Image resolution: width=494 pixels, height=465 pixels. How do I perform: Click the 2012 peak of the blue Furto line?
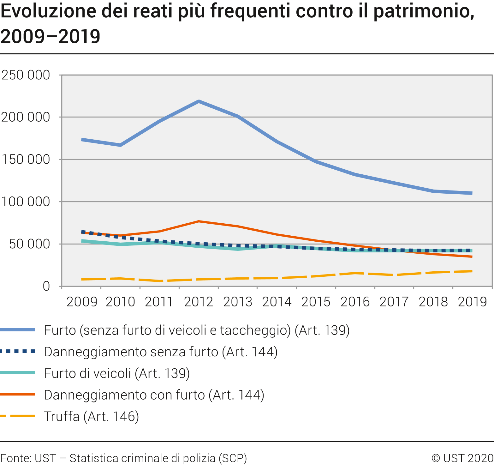click(199, 101)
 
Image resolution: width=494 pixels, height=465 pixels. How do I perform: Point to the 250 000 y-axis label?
click(26, 75)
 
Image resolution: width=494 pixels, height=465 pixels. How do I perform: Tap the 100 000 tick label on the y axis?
click(26, 202)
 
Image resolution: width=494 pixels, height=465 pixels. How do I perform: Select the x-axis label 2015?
click(316, 302)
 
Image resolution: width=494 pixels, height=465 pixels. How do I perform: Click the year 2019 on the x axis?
click(472, 302)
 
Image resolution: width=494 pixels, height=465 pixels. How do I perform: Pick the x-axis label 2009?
click(82, 302)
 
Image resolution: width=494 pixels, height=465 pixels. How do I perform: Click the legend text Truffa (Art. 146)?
click(92, 416)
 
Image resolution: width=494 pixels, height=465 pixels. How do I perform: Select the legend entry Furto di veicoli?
click(117, 373)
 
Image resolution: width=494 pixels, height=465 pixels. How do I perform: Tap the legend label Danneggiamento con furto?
click(154, 395)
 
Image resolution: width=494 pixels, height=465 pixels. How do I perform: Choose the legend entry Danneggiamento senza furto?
click(161, 352)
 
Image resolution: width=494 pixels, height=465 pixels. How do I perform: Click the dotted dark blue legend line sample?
click(18, 351)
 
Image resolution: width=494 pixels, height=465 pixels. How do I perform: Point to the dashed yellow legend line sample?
click(18, 416)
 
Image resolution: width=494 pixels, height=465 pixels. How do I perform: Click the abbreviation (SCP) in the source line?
click(233, 458)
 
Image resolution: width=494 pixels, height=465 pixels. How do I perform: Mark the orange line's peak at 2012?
click(199, 221)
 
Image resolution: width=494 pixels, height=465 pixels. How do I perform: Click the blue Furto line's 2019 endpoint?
click(472, 193)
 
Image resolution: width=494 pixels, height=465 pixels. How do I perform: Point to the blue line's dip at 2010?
click(121, 145)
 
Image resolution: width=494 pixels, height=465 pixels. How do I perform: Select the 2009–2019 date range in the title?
click(51, 36)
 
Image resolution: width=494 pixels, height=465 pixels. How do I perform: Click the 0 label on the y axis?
click(46, 286)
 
